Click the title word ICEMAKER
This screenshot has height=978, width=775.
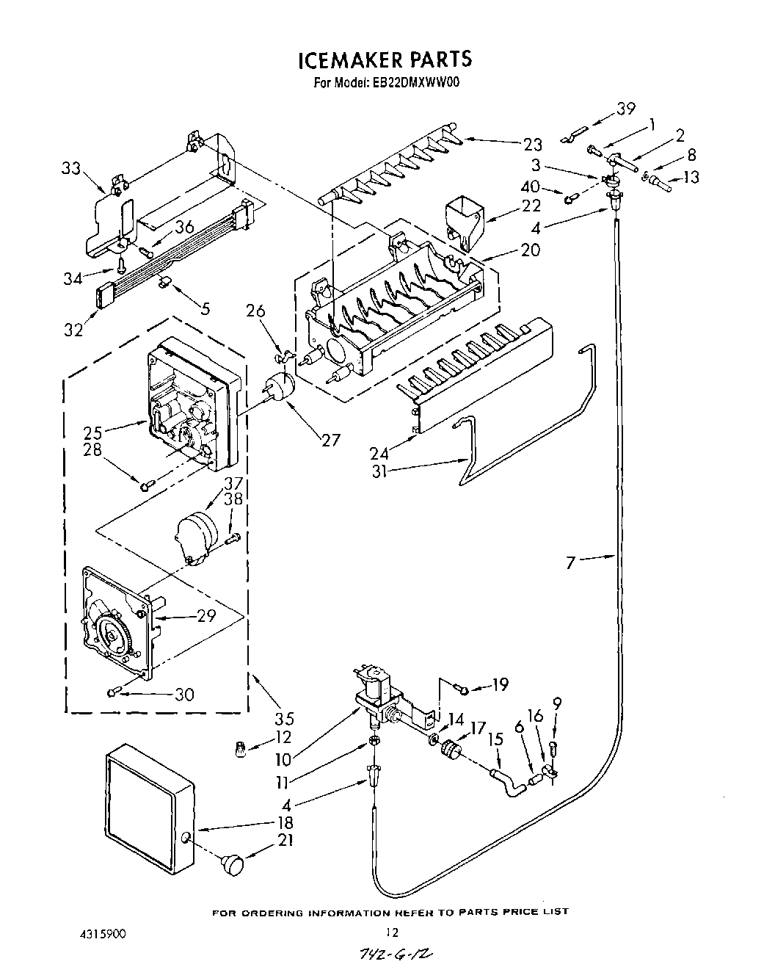point(345,59)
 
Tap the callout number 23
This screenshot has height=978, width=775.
point(532,144)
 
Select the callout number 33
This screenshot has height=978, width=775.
point(71,168)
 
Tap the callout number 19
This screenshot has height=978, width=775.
point(501,685)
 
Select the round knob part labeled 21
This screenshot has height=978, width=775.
point(233,864)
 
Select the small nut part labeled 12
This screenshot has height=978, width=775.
point(241,749)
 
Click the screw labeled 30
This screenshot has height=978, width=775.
point(114,691)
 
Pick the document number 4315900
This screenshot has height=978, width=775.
point(103,935)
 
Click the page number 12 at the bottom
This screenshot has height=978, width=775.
point(393,933)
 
